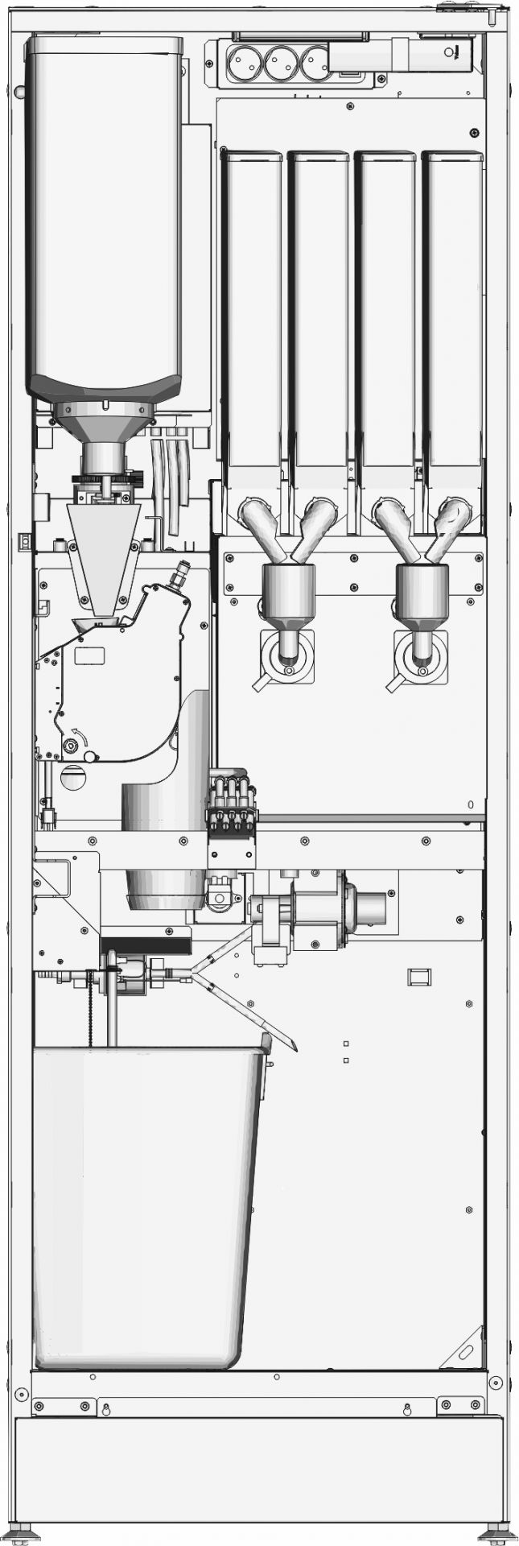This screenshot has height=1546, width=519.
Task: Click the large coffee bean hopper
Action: point(105,217)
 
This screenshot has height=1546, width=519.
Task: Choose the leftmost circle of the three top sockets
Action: point(245,62)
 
